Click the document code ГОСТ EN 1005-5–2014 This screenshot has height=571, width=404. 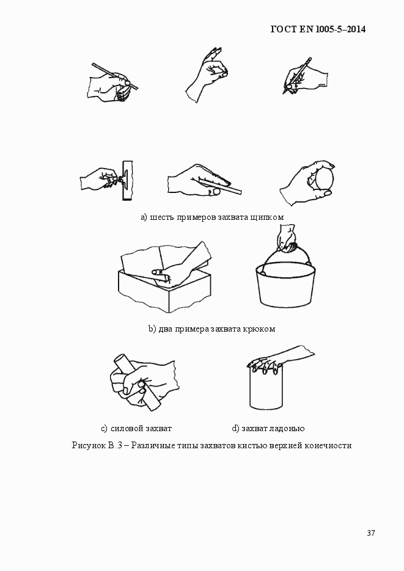(x=318, y=29)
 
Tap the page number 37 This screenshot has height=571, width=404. (x=370, y=533)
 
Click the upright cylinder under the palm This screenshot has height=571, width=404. (x=265, y=391)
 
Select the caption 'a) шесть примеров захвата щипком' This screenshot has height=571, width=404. (x=212, y=217)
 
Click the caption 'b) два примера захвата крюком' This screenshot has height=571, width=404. (x=211, y=329)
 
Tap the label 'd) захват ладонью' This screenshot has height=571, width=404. (x=268, y=428)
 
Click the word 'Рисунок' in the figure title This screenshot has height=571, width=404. (x=88, y=445)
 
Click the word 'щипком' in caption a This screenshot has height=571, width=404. (x=267, y=217)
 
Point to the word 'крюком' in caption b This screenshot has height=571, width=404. (x=260, y=329)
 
